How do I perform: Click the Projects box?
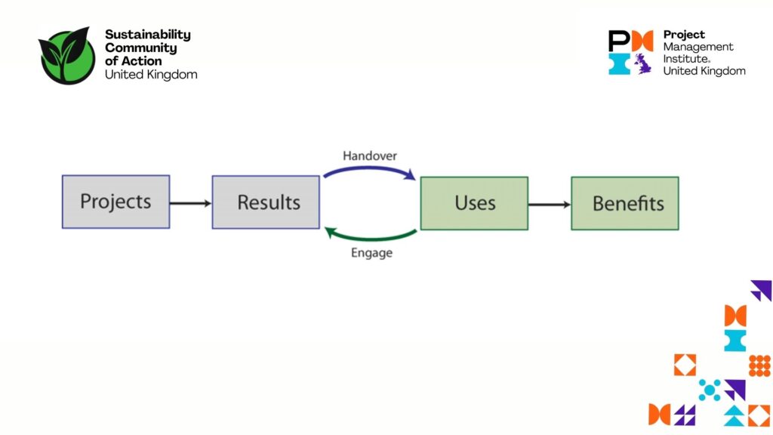115,202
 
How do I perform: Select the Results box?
266,202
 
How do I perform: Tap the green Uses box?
474,202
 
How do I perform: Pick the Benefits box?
625,202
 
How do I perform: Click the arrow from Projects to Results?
190,202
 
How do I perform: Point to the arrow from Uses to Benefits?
549,204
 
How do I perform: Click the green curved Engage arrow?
370,236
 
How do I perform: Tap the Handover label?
370,156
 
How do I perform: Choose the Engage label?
371,253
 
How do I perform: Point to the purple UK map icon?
643,63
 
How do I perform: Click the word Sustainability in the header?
148,35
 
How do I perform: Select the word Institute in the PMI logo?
686,58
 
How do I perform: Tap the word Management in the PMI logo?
698,47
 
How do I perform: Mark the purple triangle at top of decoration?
762,290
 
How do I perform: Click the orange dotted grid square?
759,366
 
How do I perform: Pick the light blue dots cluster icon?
710,390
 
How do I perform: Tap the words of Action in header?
134,61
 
